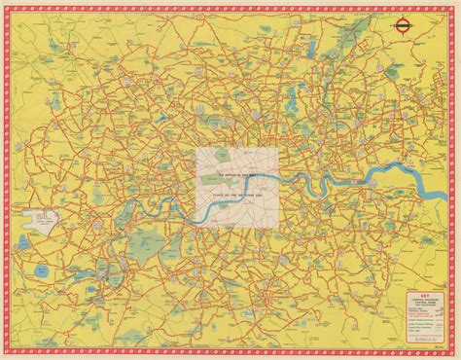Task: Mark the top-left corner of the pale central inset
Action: click(x=195, y=145)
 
